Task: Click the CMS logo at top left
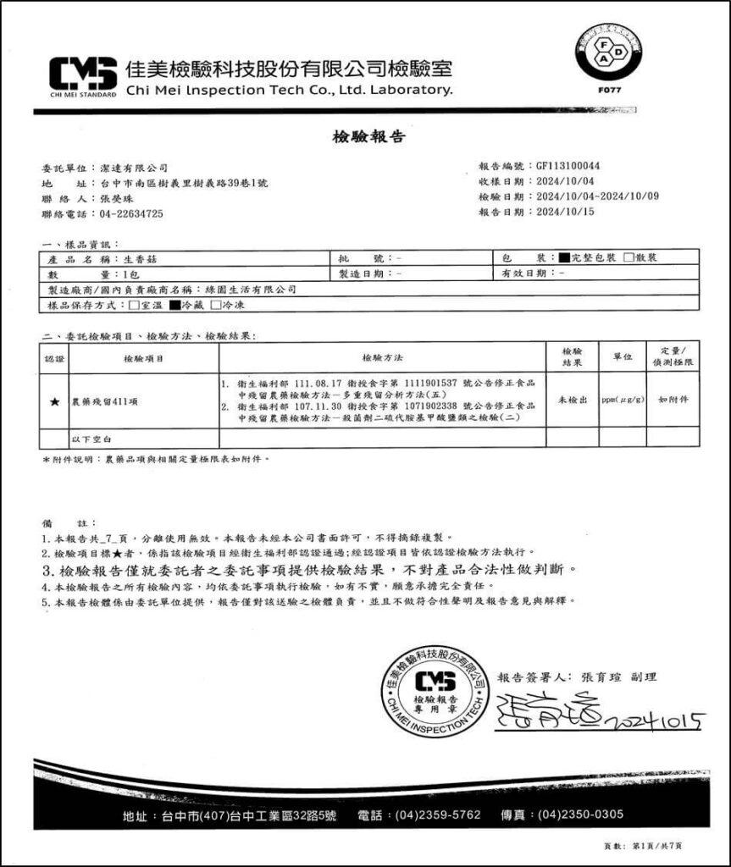tap(83, 74)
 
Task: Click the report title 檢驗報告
tap(365, 135)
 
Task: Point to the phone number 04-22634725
tap(131, 214)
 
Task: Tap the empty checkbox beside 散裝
tap(629, 257)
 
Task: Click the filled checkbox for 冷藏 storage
tap(174, 304)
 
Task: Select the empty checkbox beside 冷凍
tap(215, 304)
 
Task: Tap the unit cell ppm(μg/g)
tap(622, 398)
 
